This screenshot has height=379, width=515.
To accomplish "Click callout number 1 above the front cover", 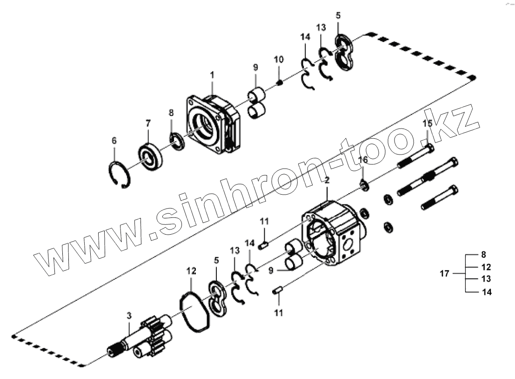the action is point(212,74).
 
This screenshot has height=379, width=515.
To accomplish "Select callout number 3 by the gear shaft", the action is point(129,316).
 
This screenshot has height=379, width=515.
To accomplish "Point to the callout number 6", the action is point(114,140).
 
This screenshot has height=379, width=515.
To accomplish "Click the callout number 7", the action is point(148,123).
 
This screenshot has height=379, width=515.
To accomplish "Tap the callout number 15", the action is point(427,124).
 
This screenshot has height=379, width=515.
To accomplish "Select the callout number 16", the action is point(364,160).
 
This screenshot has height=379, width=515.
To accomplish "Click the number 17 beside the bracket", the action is point(445,273).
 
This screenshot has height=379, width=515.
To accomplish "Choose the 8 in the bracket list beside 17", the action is point(483,255).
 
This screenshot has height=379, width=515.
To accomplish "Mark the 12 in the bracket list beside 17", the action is point(486,267).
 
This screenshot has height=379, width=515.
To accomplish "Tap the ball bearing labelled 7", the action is point(150,157).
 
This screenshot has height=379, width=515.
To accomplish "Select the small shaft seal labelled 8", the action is point(177,142).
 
